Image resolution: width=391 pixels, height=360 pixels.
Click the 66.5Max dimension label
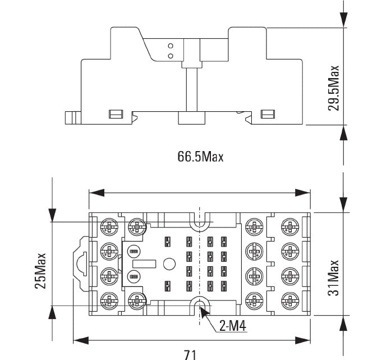(200, 157)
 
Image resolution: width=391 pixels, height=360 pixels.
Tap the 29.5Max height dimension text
(334, 88)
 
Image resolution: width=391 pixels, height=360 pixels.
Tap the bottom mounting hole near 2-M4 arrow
(200, 305)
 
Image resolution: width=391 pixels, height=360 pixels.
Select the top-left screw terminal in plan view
(107, 226)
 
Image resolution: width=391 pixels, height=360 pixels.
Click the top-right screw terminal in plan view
(289, 226)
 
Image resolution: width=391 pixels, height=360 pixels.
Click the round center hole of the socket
(169, 263)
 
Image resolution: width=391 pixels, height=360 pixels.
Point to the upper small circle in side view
(170, 45)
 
